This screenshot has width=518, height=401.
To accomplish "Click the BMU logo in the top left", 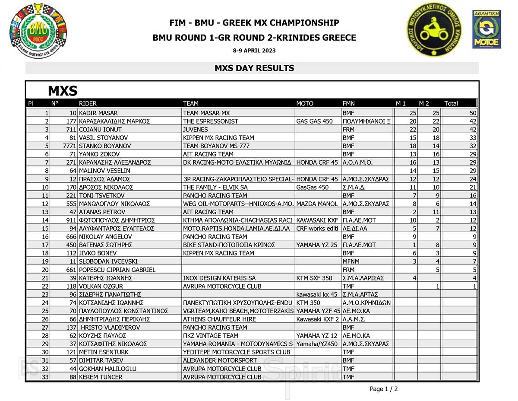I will [x=38, y=30].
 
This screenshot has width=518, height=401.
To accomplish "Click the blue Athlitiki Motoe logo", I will [x=486, y=29].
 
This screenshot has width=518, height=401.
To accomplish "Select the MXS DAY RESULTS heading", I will [x=254, y=68].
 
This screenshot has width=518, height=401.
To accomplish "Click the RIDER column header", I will [x=88, y=103].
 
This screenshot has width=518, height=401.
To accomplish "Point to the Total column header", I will [x=451, y=103].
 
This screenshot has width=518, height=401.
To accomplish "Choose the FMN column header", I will [x=349, y=103].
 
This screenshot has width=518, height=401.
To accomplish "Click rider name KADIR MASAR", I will [x=98, y=113].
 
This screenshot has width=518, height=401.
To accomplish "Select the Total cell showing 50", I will [x=473, y=113].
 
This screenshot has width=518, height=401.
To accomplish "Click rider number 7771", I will [x=69, y=146].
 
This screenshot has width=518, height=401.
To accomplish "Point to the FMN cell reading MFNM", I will [x=351, y=261].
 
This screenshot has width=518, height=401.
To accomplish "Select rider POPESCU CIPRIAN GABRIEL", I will [x=117, y=270].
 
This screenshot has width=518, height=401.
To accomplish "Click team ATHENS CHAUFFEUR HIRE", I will [x=219, y=319].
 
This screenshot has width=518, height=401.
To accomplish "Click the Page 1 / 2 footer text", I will [x=384, y=389].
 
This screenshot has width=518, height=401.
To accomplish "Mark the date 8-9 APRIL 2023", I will [x=254, y=51].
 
